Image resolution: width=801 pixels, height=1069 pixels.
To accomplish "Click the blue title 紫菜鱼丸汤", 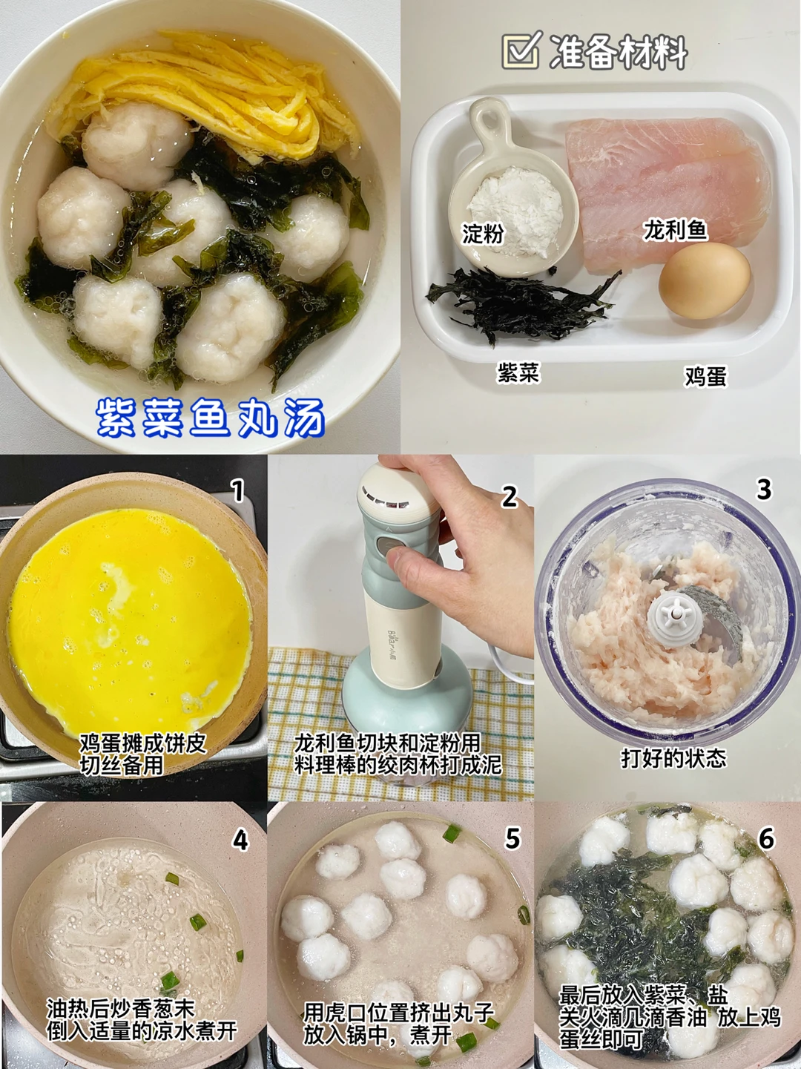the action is (x=211, y=418).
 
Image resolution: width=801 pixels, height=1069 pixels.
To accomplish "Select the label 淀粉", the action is (x=482, y=234).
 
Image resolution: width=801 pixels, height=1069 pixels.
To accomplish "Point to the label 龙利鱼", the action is (x=675, y=231).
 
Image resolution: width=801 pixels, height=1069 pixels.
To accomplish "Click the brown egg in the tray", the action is (x=704, y=281).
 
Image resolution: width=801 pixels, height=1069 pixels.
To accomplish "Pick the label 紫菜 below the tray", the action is (x=518, y=374).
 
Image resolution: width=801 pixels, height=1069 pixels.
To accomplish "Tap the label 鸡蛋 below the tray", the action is (x=705, y=376).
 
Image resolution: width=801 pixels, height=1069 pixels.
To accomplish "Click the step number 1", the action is (x=237, y=490).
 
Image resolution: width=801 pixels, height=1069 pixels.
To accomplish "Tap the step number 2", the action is (x=510, y=497).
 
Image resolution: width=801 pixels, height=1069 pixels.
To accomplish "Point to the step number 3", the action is (x=763, y=489).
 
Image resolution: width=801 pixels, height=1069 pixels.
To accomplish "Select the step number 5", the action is (x=512, y=838).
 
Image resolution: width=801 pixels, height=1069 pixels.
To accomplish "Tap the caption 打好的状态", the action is (x=674, y=757).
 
